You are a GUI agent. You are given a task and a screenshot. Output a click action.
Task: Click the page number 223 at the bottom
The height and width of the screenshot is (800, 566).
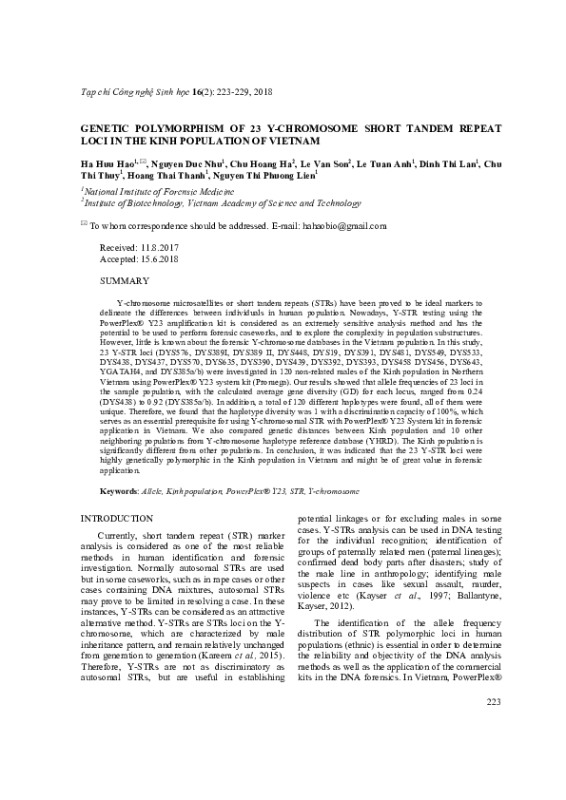493,755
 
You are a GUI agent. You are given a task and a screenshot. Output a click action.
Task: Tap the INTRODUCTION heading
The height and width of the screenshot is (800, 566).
116,518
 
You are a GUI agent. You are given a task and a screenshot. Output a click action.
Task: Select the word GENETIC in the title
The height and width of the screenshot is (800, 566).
107,127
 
